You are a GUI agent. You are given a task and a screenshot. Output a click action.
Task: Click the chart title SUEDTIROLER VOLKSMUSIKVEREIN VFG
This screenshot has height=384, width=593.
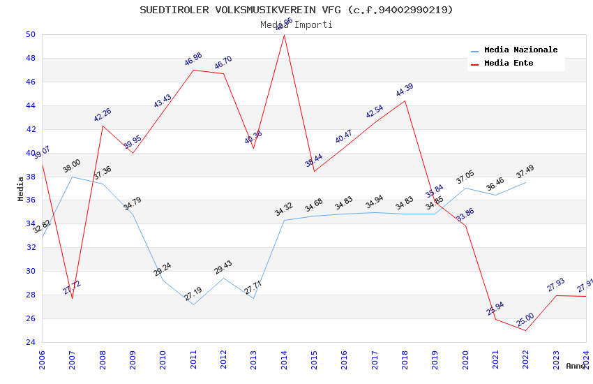point(296,10)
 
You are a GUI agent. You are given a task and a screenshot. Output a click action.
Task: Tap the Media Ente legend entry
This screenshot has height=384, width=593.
point(509,64)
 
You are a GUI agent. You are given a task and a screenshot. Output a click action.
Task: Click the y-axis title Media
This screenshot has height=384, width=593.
point(21,189)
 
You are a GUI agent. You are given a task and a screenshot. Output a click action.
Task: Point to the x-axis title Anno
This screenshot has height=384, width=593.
point(576,366)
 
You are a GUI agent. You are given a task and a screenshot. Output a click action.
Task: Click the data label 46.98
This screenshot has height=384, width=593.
point(193,60)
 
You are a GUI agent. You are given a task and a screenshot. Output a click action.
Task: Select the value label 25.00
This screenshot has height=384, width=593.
point(525,320)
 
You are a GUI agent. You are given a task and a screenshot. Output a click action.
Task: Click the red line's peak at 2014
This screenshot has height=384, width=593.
point(284,35)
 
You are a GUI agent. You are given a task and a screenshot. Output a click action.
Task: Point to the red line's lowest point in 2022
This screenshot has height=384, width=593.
point(525,330)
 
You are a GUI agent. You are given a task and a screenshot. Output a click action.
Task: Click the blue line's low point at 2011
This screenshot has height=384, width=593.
point(193,304)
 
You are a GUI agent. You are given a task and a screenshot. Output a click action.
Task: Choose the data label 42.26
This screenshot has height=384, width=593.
point(102,116)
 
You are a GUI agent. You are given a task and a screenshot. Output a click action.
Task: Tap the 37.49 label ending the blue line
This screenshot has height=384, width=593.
point(525,172)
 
